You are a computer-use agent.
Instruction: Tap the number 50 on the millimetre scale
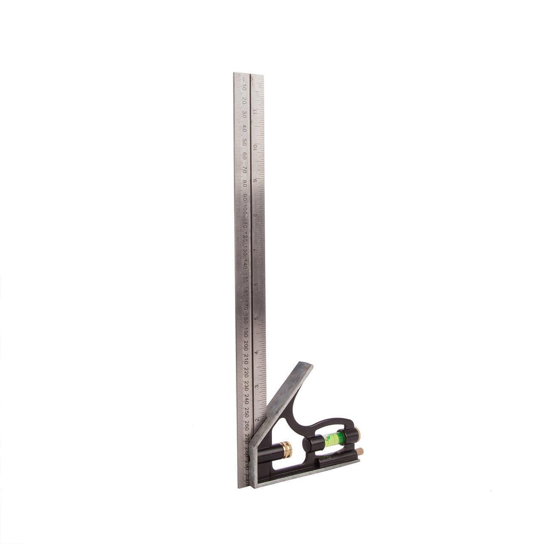coord(244,142)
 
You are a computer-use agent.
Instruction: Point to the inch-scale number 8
coord(255,215)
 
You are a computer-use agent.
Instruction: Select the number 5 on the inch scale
coord(255,318)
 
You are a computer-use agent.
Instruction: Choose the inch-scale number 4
coord(256,353)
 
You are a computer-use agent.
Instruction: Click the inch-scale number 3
coord(256,386)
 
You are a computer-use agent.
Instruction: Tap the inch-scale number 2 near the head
coord(256,420)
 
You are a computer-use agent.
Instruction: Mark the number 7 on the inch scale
coord(255,250)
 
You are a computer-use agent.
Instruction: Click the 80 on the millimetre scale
coord(245,183)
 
